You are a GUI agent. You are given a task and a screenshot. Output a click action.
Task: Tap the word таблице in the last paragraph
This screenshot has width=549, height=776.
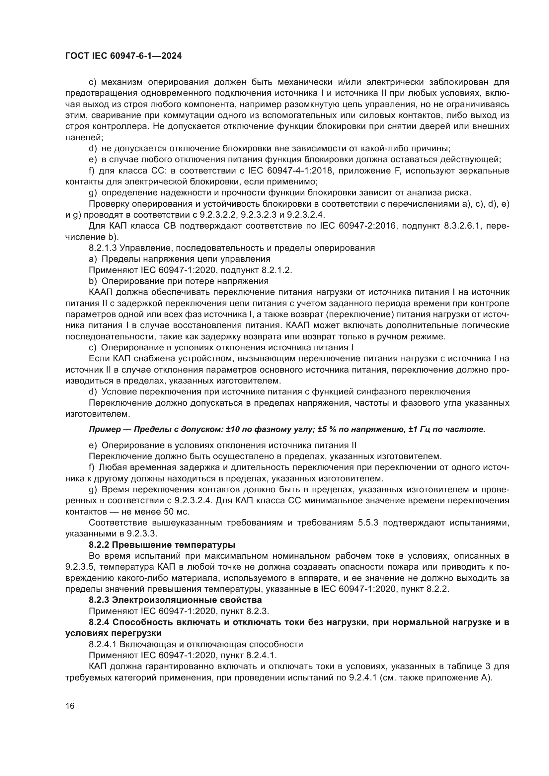(x=464, y=666)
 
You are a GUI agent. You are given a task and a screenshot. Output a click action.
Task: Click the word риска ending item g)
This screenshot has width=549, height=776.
(x=458, y=193)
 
